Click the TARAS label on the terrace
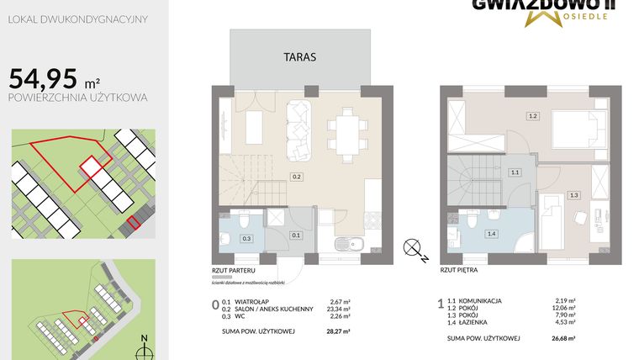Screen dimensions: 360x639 click(299, 56)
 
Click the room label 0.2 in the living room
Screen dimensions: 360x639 click(296, 177)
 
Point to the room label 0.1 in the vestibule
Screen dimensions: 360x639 click(295, 236)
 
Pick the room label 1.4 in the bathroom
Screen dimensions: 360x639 click(491, 233)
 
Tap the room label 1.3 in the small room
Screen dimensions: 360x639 click(574, 194)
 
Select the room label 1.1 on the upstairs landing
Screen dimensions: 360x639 click(515, 172)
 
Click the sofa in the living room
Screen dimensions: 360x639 click(298, 130)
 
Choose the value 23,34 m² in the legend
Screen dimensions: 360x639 click(338, 308)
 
